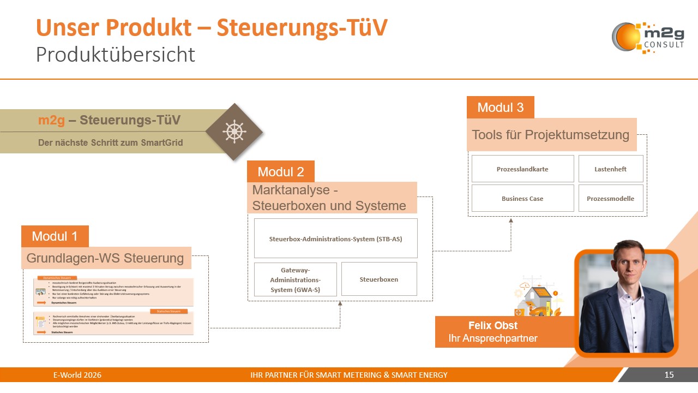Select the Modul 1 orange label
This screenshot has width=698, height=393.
click(55, 236)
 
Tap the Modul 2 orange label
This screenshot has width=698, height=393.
click(281, 171)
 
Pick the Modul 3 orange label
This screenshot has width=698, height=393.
click(500, 107)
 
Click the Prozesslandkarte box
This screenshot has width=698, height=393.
click(522, 169)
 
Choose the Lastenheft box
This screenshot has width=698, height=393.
click(610, 169)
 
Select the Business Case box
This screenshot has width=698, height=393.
click(522, 198)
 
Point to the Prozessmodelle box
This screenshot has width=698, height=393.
click(610, 198)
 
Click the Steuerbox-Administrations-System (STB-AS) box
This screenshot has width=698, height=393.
click(335, 239)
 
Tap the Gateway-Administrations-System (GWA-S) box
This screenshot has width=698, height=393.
click(295, 279)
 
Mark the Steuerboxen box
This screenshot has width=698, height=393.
click(378, 279)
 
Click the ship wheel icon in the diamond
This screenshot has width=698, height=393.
click(234, 132)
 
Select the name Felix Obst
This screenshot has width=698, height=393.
click(493, 326)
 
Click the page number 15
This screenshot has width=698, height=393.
click(669, 375)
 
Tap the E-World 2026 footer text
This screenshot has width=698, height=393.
click(77, 375)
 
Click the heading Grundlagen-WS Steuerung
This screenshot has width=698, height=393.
click(105, 258)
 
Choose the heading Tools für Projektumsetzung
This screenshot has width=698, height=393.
click(550, 134)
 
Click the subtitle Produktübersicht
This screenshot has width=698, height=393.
click(115, 55)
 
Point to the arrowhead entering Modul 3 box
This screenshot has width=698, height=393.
click(511, 221)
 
